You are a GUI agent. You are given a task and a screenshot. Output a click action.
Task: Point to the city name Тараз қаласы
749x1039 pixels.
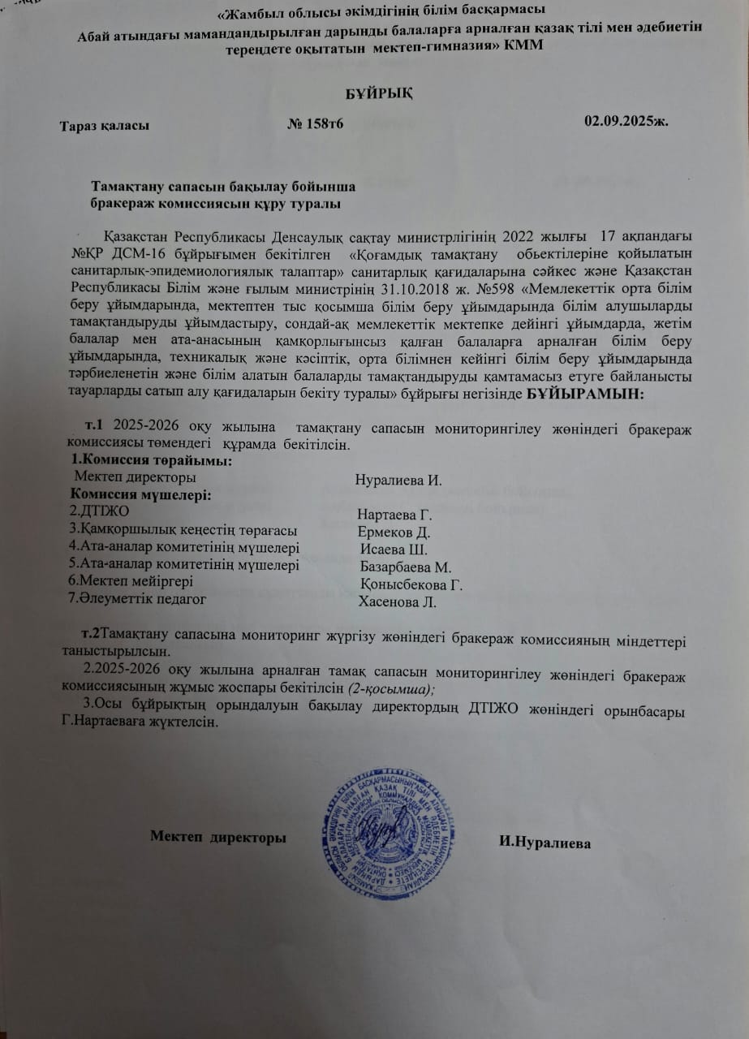[x=103, y=127]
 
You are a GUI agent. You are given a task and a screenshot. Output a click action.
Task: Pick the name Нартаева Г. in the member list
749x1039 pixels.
[x=396, y=515]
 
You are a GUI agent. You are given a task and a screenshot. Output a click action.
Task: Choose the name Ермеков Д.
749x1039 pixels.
[x=394, y=532]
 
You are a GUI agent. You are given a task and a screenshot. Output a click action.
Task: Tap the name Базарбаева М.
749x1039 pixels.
[x=405, y=567]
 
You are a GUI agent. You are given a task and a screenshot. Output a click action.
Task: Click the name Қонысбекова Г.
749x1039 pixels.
[x=411, y=584]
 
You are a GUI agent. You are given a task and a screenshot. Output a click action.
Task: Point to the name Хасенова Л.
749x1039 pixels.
[x=398, y=601]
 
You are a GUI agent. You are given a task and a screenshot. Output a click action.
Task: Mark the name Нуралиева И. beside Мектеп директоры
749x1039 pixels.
[x=398, y=480]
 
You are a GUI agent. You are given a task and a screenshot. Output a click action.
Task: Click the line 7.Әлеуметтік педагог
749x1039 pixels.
[x=137, y=599]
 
